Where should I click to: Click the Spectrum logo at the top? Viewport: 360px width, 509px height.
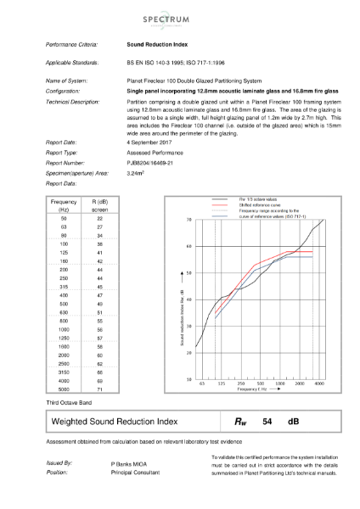click(180, 16)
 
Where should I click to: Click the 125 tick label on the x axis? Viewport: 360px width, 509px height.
click(222, 384)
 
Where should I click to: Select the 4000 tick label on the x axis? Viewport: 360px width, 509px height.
click(320, 384)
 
